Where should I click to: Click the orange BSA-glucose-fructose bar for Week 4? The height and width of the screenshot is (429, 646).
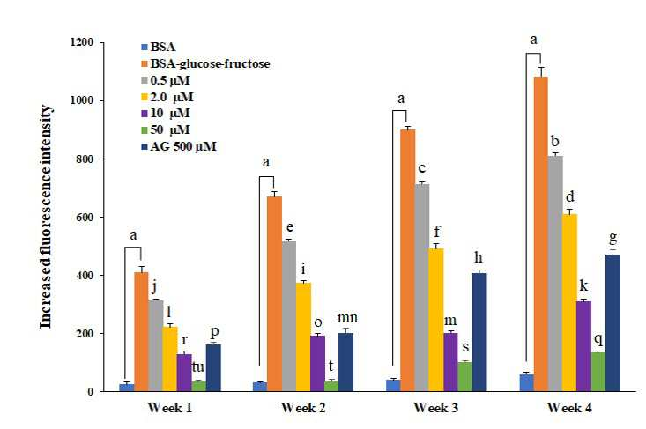point(540,233)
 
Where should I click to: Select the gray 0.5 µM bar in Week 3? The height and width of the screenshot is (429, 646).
point(422,287)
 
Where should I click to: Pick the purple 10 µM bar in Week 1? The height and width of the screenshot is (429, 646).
point(184,373)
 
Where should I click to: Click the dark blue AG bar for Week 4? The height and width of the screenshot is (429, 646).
point(613,322)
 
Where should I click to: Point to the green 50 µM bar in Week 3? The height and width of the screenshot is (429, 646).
point(464,377)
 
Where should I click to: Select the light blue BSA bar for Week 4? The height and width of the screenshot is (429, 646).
point(526,382)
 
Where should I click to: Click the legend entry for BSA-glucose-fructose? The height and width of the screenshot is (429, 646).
point(205,63)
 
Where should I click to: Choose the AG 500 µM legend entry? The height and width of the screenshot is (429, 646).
point(179,146)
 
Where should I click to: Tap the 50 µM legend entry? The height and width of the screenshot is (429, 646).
point(166,129)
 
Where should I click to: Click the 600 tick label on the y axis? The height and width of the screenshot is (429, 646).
point(85,217)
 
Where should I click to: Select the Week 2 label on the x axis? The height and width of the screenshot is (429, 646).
point(303,408)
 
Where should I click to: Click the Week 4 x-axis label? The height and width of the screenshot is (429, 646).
point(570,408)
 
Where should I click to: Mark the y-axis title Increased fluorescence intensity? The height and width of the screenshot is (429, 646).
point(46,217)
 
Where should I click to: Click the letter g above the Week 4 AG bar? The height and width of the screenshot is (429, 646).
point(613,239)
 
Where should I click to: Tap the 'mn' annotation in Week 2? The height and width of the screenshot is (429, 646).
point(347,318)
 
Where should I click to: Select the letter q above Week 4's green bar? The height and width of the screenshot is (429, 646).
point(599,340)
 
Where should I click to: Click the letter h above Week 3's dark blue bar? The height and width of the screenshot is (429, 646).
point(479,258)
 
